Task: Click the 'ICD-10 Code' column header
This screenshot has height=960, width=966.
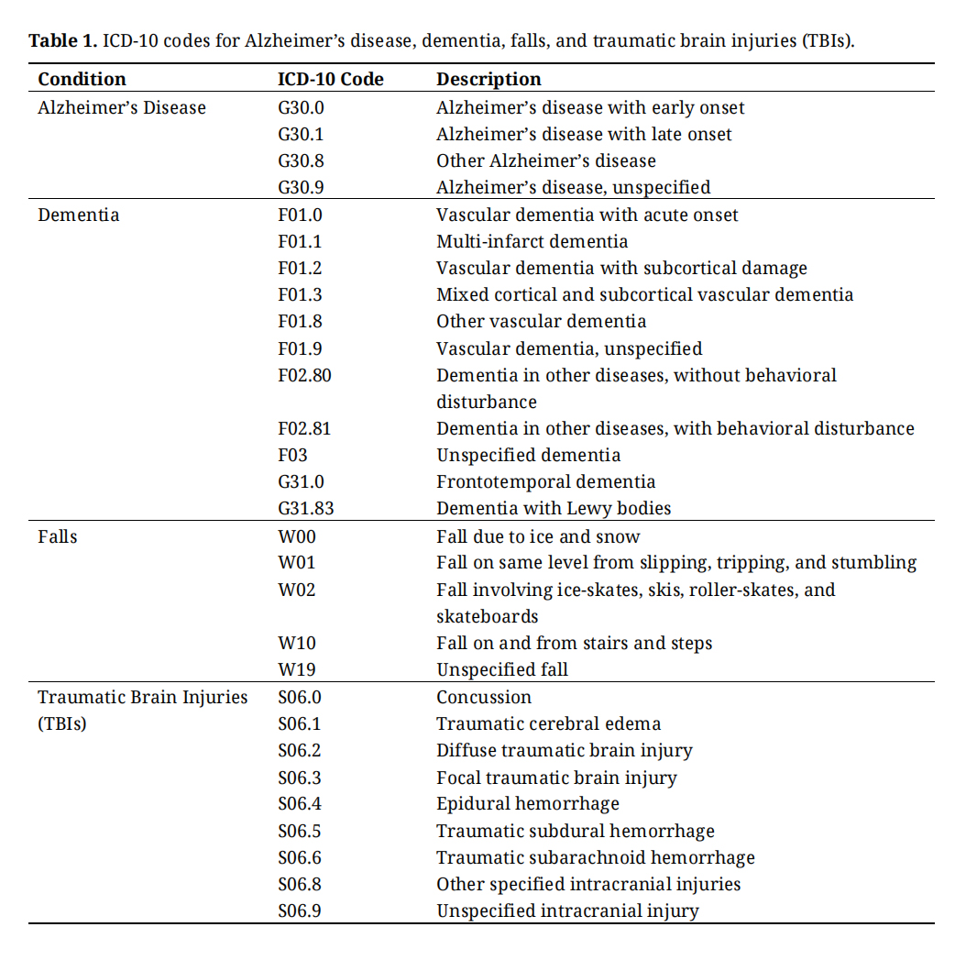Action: (330, 79)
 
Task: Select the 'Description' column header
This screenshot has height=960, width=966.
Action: (488, 79)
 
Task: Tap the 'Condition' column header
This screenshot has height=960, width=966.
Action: (82, 79)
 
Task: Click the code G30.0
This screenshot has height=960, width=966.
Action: (301, 107)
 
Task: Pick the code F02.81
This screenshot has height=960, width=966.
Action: (304, 428)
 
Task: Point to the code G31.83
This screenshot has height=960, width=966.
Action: (304, 508)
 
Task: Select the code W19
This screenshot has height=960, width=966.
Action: (297, 669)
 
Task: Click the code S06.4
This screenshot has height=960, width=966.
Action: (300, 804)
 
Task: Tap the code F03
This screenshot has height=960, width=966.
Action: (293, 455)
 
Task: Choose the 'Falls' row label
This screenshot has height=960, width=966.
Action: (58, 536)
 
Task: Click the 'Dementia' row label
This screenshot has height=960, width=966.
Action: (78, 215)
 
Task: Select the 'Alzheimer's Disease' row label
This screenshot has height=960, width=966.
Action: (122, 107)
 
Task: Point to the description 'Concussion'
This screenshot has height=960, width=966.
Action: (484, 697)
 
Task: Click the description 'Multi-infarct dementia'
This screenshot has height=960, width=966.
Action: (532, 241)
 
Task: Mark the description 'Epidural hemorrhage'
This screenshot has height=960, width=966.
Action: (527, 804)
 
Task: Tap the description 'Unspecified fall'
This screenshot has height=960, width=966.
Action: (501, 669)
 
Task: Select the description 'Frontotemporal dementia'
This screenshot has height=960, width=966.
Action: (545, 481)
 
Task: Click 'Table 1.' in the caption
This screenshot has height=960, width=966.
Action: (62, 41)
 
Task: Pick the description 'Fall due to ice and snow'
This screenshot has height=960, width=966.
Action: (538, 536)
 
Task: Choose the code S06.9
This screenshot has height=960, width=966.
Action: (300, 911)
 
